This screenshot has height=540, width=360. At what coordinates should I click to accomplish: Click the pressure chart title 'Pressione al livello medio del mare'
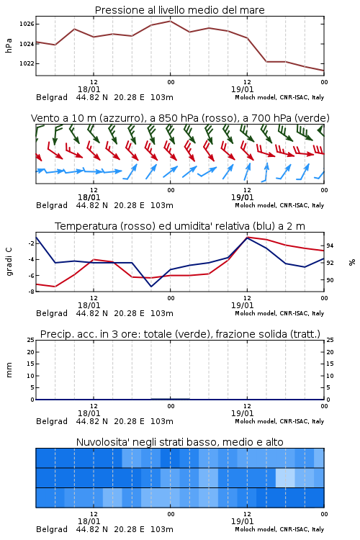(179, 10)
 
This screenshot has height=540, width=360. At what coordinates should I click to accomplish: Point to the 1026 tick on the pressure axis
(27, 24)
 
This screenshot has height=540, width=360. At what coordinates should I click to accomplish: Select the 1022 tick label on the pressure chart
(27, 63)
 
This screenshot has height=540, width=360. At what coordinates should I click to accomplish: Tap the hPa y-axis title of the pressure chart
(9, 45)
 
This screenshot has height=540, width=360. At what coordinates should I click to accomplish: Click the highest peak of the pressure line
(170, 21)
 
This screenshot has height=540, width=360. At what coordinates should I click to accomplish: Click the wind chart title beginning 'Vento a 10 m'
(180, 118)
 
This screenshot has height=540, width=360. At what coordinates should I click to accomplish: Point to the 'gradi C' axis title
(9, 262)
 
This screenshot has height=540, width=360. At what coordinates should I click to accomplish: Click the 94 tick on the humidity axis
(330, 246)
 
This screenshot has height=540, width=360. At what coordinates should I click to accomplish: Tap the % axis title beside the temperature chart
(352, 262)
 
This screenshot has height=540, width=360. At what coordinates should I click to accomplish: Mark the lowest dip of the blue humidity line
(151, 286)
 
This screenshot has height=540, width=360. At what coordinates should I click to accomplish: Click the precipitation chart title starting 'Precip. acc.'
(180, 334)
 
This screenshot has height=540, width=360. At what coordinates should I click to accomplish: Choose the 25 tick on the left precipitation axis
(31, 340)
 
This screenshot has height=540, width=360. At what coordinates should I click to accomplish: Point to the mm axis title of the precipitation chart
(9, 370)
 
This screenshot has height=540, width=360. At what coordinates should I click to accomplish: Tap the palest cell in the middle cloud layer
(285, 477)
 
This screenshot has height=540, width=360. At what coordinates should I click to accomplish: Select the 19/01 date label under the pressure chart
(243, 89)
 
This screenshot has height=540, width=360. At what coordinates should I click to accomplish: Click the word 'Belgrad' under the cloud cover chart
(52, 529)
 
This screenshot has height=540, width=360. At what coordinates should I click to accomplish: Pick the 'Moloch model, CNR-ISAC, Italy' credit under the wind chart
(279, 206)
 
